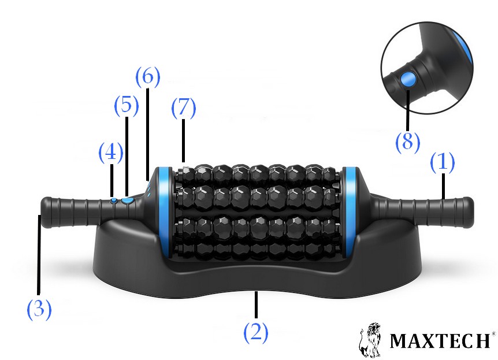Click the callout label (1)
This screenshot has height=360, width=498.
(442, 162)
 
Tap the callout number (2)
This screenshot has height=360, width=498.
(256, 332)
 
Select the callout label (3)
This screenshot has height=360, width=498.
(39, 309)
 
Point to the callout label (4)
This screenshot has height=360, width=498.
(111, 153)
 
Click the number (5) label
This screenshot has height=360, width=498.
(127, 105)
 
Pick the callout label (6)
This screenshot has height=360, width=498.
(148, 77)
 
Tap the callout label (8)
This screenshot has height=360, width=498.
(407, 142)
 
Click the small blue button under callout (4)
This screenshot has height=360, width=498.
(114, 201)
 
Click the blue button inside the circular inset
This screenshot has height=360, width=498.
(408, 79)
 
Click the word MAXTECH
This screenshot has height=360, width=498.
(440, 340)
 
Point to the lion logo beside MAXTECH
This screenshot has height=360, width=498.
(370, 340)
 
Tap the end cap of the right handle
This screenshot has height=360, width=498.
(468, 212)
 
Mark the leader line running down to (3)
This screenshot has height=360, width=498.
(39, 254)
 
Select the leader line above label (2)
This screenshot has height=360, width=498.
(256, 306)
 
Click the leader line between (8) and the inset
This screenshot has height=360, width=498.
(407, 109)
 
